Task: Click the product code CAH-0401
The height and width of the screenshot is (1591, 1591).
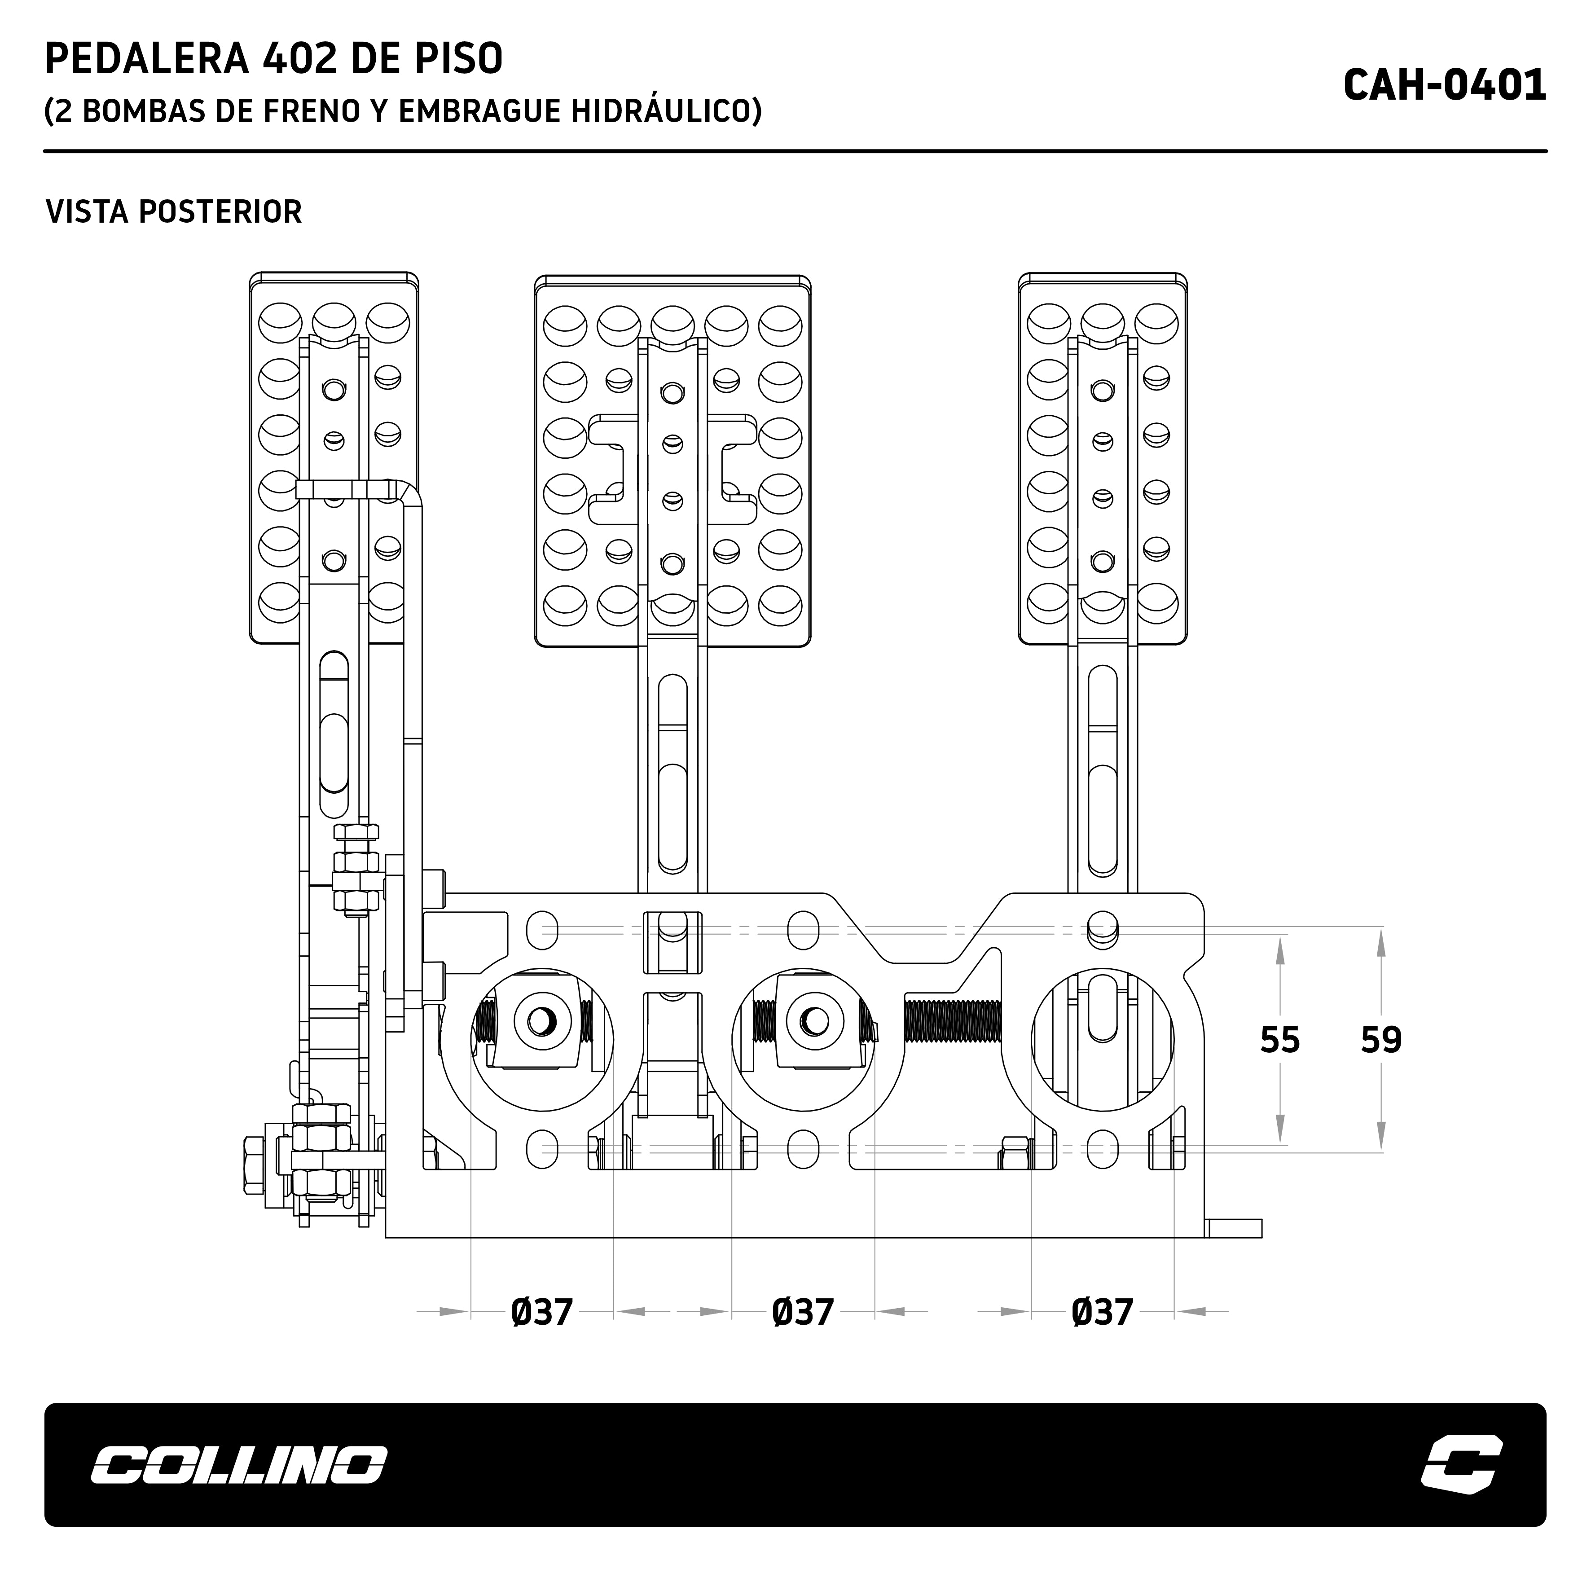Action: point(1444,86)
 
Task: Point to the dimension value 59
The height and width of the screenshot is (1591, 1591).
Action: point(1381,1040)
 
